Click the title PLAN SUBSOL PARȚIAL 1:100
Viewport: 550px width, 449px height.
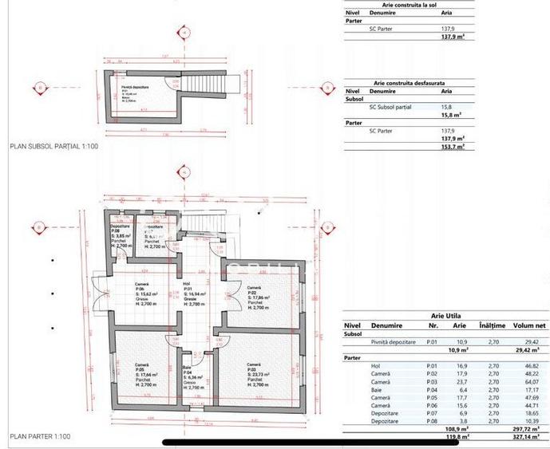tap(53, 147)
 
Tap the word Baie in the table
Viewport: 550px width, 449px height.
tap(378, 390)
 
